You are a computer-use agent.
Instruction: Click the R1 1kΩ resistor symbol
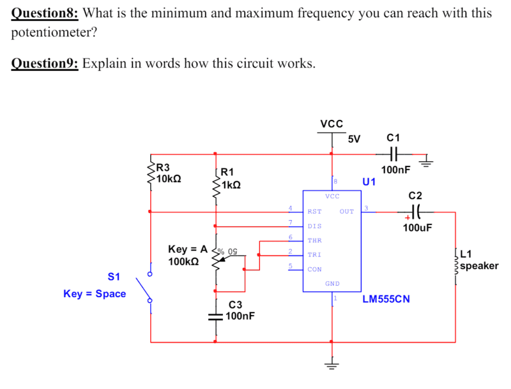pos(215,185)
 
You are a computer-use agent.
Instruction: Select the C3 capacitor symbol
pos(215,316)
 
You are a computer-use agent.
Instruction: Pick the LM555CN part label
pos(386,298)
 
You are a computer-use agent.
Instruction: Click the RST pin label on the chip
pos(314,211)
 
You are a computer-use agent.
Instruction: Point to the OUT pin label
pos(347,211)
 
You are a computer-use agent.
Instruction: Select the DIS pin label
pos(314,226)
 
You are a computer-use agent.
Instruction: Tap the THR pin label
pos(314,240)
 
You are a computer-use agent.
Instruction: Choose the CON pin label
pos(314,269)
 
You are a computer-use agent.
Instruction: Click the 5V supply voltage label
pos(354,138)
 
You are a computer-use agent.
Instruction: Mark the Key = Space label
pos(95,294)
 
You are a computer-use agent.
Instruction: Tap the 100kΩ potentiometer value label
pos(183,261)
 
